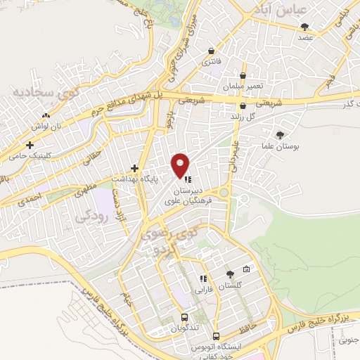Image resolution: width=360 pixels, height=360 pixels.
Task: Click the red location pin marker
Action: (181, 165)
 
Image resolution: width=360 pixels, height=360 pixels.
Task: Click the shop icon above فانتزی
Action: (212, 51)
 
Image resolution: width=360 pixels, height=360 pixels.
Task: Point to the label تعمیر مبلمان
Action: (244, 85)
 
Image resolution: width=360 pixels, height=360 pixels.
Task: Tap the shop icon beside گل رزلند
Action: (243, 105)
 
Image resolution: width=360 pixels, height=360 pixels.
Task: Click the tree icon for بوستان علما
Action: (281, 134)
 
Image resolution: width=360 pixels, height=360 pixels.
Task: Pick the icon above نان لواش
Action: (46, 115)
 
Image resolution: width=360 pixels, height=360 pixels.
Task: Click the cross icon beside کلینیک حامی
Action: (30, 145)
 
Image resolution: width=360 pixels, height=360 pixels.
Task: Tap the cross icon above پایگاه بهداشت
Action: (135, 168)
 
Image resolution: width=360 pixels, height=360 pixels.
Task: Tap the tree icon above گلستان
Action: (230, 274)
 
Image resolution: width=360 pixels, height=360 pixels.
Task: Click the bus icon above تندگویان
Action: (184, 317)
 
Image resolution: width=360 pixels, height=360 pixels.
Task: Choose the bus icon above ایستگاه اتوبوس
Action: (217, 335)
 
